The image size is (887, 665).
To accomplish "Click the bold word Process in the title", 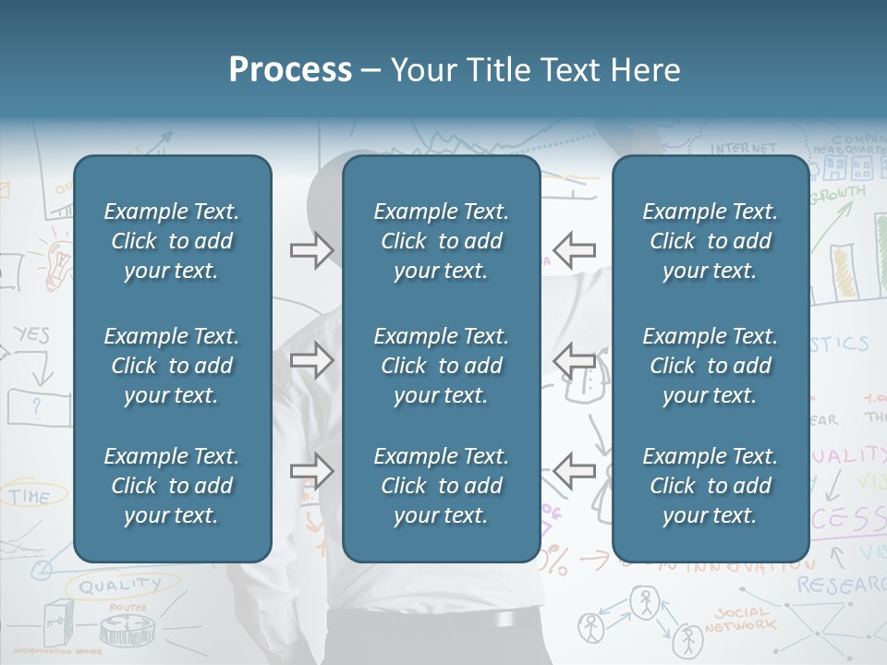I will tap(290, 70).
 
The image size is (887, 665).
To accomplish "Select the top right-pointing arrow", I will tap(311, 250).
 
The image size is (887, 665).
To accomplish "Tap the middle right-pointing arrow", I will tap(311, 360).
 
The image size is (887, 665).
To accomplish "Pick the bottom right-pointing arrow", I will tap(311, 471).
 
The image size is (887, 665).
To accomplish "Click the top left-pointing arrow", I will tap(574, 250).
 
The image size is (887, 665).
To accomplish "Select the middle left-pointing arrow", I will tap(574, 360).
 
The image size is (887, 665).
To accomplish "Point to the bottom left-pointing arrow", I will tap(574, 471).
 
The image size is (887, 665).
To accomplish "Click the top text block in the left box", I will tap(172, 241).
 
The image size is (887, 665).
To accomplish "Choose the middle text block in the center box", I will tap(441, 366).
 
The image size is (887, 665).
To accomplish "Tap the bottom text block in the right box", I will tap(710, 486).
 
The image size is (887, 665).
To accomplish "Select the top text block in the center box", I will tap(441, 241).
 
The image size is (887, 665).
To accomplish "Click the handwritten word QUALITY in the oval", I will tap(119, 585).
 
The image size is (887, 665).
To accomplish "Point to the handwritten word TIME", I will tap(30, 497).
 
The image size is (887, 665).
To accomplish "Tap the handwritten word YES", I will tap(31, 335).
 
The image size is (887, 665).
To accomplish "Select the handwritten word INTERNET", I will tap(744, 148).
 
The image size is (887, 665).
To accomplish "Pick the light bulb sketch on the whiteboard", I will tap(60, 260).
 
